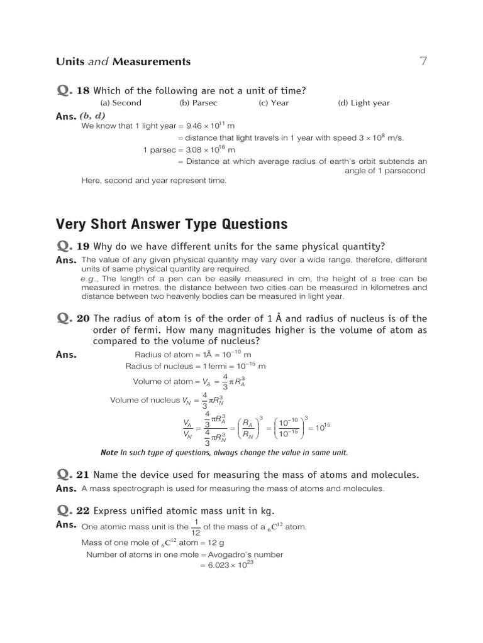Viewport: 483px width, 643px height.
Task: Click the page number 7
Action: [423, 61]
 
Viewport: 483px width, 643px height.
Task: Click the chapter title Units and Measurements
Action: [123, 62]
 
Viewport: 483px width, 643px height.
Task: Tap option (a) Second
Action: [121, 103]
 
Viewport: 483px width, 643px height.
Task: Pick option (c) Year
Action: [274, 103]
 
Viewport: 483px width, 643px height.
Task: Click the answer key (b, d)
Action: [92, 116]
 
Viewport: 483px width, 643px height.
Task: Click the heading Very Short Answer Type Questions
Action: [172, 224]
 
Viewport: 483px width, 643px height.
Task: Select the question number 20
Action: [83, 318]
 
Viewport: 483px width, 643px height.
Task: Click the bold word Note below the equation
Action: [109, 452]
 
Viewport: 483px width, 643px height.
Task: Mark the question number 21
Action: [83, 475]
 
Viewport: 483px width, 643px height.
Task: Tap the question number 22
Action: [83, 511]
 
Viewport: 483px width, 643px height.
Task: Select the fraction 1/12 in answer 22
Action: [196, 527]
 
